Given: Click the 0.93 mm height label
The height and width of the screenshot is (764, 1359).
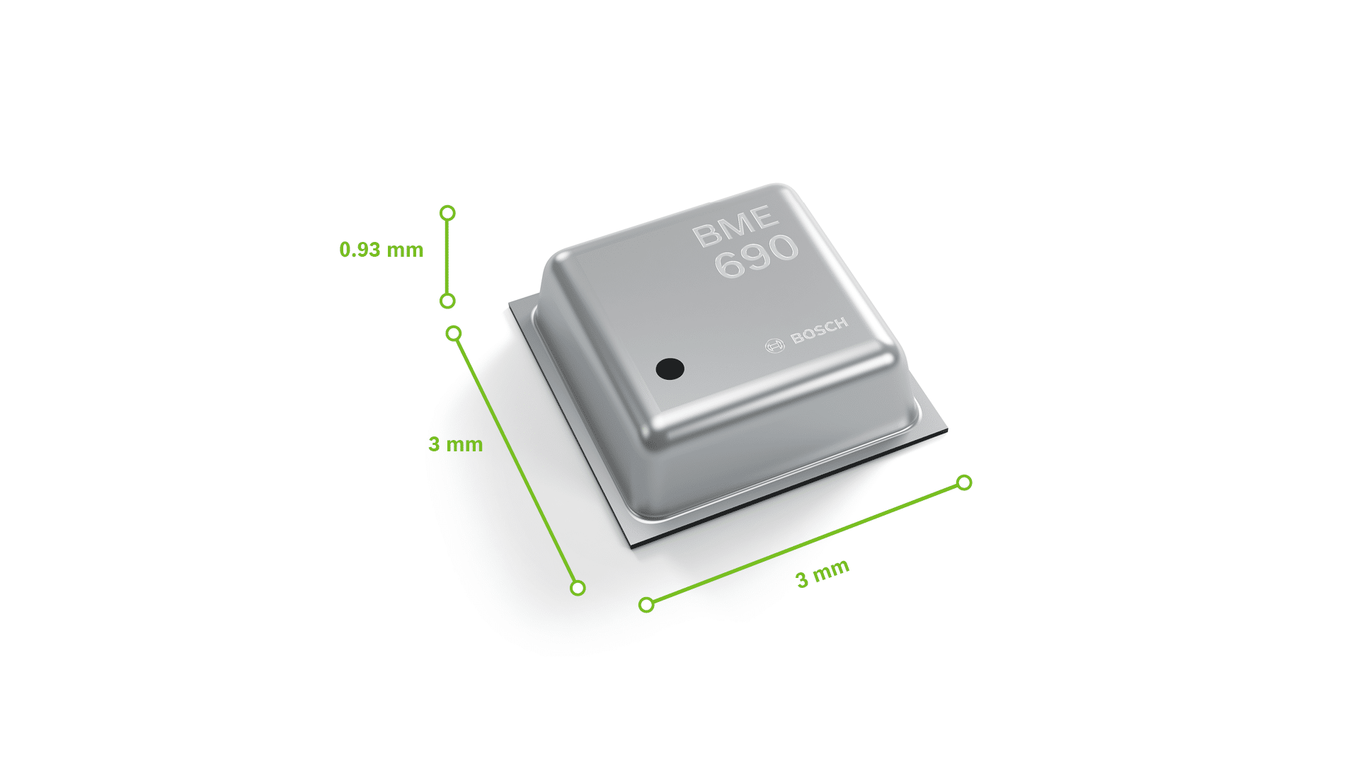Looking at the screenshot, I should [381, 250].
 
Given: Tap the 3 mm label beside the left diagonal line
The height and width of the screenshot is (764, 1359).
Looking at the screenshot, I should [455, 444].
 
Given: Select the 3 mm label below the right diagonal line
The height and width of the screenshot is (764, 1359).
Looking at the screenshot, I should [822, 574].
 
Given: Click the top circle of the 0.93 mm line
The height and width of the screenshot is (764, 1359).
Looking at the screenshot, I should [447, 213].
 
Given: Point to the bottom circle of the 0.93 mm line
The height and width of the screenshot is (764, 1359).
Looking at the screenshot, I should [447, 301].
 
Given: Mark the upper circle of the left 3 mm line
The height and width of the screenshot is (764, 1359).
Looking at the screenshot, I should [454, 333].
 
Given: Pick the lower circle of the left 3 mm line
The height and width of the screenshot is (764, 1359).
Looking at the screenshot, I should [578, 588].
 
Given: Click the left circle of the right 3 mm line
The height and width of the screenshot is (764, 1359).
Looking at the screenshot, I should [646, 605].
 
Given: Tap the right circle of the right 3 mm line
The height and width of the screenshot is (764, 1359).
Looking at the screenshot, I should [964, 482].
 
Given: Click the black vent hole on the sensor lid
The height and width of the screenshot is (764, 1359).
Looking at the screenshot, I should [670, 369].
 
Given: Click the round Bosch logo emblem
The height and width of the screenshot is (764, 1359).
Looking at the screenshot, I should [775, 346].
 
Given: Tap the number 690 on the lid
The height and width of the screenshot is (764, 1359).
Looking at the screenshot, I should [756, 255].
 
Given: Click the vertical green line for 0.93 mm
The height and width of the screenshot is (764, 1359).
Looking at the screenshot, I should [447, 257].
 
